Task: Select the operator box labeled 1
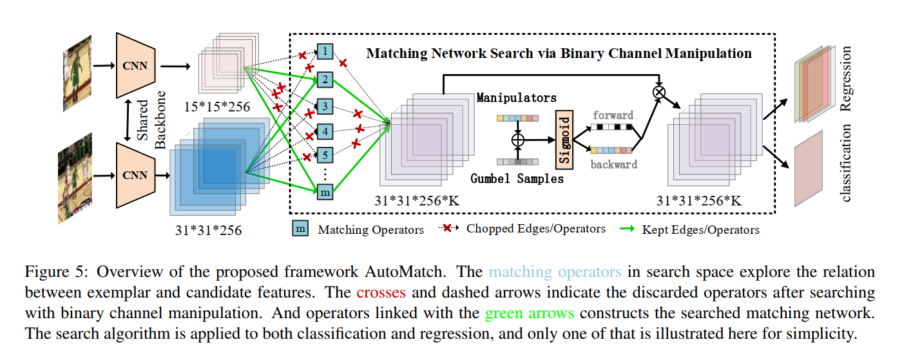(325, 52)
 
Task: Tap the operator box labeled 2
(325, 80)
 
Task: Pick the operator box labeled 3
(325, 106)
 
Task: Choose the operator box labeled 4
(325, 132)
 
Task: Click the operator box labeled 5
(325, 155)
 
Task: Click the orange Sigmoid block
(563, 138)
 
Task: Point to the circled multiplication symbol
(658, 92)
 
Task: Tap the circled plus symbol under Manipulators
(517, 139)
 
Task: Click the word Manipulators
(516, 98)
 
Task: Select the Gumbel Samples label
(517, 178)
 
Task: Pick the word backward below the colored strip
(613, 164)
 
